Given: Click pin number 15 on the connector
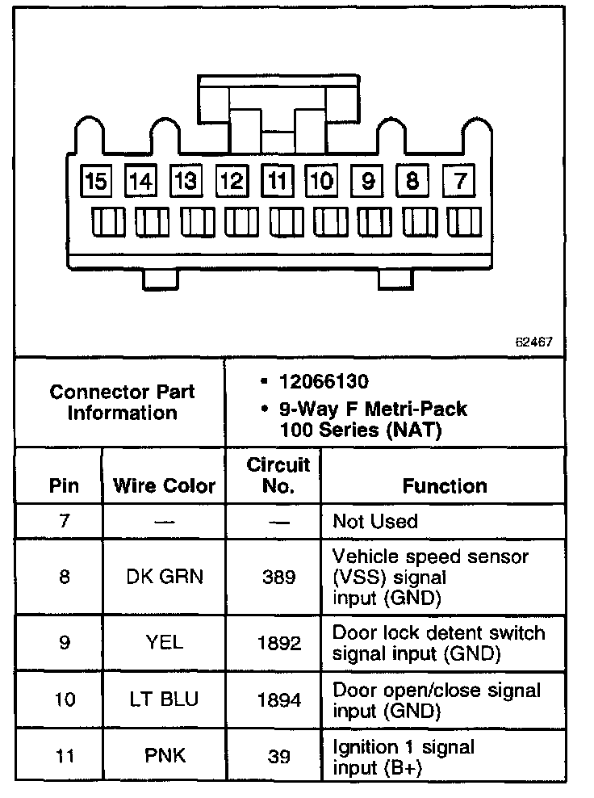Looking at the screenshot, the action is (95, 181).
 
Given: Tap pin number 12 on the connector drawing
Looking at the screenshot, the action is (232, 181).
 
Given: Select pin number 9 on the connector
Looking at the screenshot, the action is (368, 181).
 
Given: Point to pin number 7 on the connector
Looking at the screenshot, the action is (460, 181).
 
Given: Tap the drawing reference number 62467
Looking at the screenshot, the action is (534, 342).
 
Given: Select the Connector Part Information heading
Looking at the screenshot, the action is (122, 402).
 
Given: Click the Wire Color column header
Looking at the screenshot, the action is (164, 485).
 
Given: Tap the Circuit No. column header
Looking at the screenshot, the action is (278, 476).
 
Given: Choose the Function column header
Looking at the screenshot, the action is (445, 485).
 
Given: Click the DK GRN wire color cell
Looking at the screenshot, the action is (164, 577).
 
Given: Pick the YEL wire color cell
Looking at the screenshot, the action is (164, 643).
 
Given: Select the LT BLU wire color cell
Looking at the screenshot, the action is (164, 699).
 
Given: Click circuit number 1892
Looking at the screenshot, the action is (279, 643).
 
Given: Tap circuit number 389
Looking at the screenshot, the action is (279, 577).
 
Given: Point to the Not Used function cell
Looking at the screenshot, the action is (374, 521).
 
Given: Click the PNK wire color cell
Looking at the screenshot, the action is (164, 756).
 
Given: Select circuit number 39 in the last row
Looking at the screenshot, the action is (279, 756).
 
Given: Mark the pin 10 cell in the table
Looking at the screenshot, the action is (65, 699).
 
